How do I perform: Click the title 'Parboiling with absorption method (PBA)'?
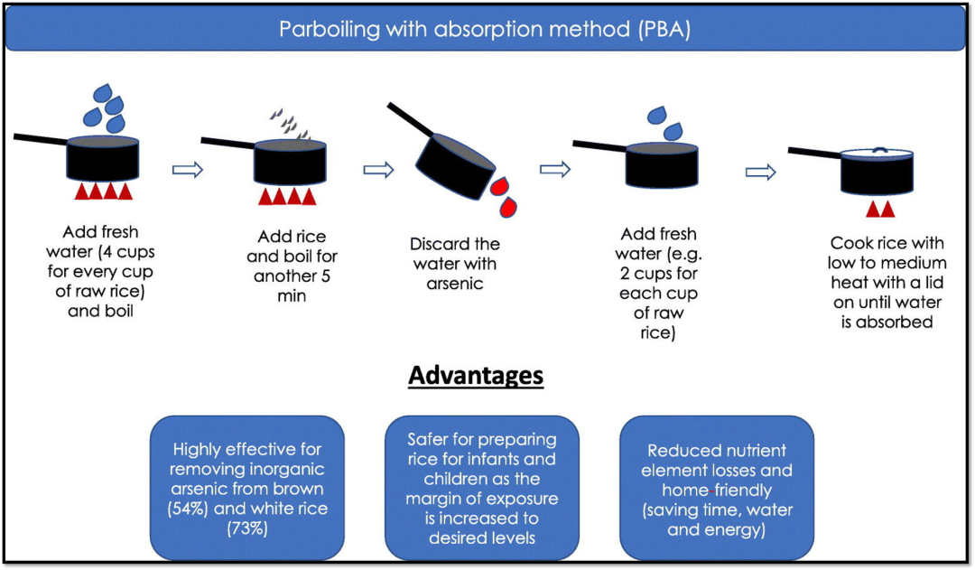click(x=485, y=29)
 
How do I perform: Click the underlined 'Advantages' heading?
click(x=476, y=375)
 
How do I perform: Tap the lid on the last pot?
click(x=877, y=154)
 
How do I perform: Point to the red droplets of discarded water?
click(x=504, y=197)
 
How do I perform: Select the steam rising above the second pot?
click(x=290, y=124)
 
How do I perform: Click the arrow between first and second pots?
click(x=188, y=169)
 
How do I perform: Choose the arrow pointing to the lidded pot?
click(x=760, y=172)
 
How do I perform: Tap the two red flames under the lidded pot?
click(x=880, y=209)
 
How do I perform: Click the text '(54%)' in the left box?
click(x=187, y=509)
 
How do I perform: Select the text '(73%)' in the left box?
click(x=246, y=528)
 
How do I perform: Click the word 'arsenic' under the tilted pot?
click(x=454, y=284)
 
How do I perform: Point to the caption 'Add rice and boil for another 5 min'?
click(x=292, y=266)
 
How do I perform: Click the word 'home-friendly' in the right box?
click(x=716, y=491)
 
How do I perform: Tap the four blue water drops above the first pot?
click(x=105, y=108)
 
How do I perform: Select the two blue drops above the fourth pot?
click(x=664, y=123)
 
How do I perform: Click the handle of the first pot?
click(x=41, y=139)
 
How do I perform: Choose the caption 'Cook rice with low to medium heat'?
click(x=887, y=263)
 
